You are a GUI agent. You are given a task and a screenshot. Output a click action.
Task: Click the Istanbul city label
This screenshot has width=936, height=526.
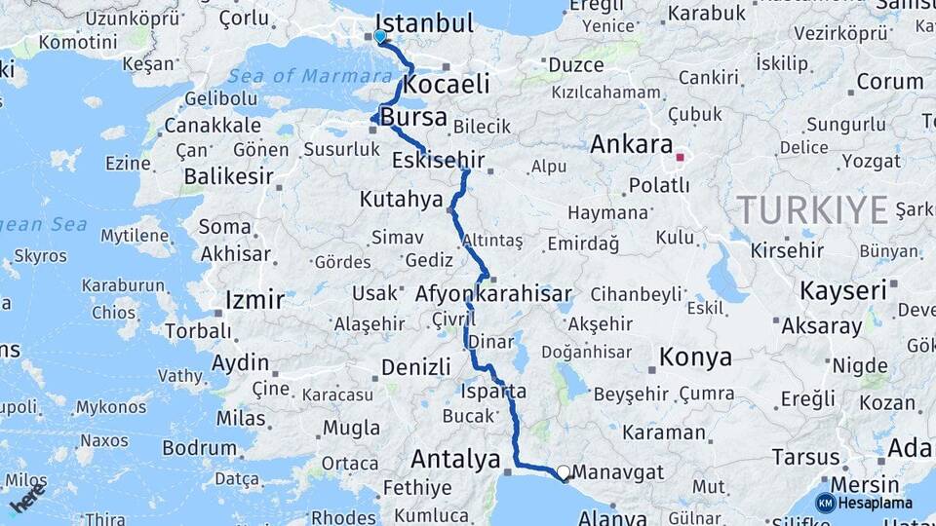[424, 22]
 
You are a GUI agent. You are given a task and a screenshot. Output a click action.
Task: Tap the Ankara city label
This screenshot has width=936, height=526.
[631, 145]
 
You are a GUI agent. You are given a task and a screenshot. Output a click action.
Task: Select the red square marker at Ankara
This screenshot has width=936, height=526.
[680, 156]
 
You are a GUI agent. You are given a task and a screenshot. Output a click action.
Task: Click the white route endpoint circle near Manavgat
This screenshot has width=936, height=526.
[563, 472]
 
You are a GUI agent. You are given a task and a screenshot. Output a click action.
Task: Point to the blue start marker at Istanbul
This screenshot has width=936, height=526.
[380, 36]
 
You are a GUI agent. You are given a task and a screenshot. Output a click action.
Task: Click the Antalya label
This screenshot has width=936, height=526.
[455, 459]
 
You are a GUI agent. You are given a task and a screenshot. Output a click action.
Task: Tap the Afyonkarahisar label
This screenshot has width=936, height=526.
[493, 293]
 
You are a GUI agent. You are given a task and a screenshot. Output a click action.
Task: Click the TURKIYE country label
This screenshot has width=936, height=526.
[812, 209]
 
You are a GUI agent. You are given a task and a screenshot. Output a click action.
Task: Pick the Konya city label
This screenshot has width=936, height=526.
[695, 357]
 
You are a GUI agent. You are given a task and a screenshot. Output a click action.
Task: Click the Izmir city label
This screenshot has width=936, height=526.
[254, 299]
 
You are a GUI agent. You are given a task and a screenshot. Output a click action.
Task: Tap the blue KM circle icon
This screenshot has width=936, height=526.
[825, 503]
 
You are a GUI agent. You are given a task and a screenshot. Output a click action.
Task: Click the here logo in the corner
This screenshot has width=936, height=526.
[27, 498]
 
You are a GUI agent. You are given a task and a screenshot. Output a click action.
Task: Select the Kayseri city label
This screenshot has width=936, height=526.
[843, 290]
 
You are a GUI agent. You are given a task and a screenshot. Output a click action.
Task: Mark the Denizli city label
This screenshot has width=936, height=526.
[416, 367]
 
